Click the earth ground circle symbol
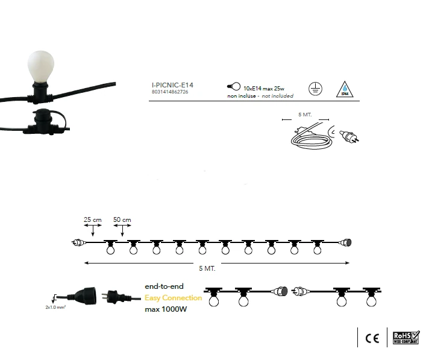click(x=314, y=88)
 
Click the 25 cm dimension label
click(x=92, y=219)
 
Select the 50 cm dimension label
click(x=122, y=219)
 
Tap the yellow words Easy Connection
click(x=174, y=298)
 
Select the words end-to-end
click(x=164, y=286)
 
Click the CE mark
click(x=372, y=338)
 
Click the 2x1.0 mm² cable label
click(x=56, y=307)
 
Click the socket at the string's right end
click(x=346, y=242)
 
